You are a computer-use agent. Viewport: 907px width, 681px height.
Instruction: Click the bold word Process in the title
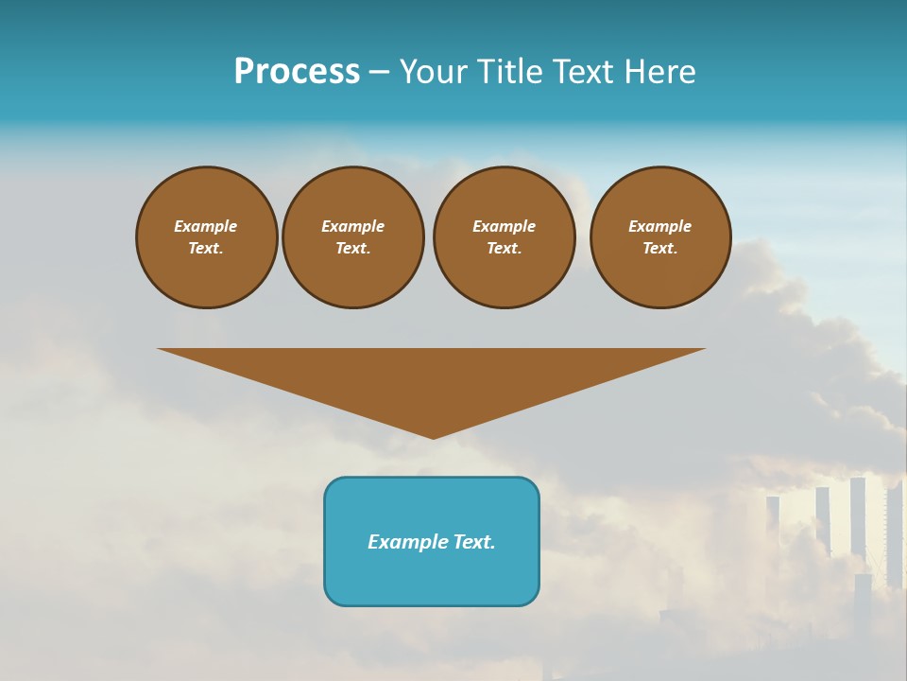(297, 72)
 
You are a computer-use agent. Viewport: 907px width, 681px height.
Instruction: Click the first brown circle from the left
(207, 237)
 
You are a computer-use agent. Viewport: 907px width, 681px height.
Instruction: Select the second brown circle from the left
(353, 237)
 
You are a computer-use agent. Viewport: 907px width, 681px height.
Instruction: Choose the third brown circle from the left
(505, 237)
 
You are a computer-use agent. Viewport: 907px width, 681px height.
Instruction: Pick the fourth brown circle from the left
(660, 237)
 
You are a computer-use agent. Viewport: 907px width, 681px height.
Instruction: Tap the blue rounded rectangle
(432, 541)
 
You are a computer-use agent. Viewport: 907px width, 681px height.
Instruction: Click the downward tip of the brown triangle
(433, 435)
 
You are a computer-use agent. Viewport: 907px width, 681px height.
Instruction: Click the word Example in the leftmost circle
(206, 226)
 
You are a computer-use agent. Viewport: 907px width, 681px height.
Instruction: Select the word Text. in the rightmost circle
(660, 249)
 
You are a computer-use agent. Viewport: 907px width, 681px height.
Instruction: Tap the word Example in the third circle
(505, 226)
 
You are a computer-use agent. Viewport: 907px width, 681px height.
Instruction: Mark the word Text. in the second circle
(353, 249)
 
